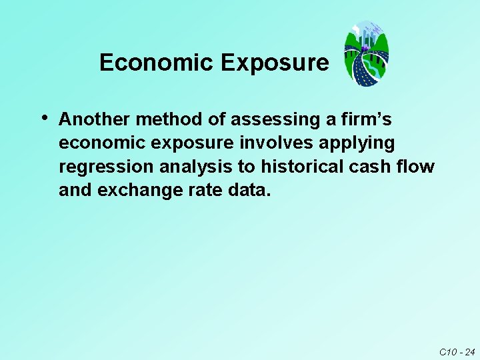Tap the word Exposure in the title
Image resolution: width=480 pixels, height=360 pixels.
275,63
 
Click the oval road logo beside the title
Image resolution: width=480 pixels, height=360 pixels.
366,53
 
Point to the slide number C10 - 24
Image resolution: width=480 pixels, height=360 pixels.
457,351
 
